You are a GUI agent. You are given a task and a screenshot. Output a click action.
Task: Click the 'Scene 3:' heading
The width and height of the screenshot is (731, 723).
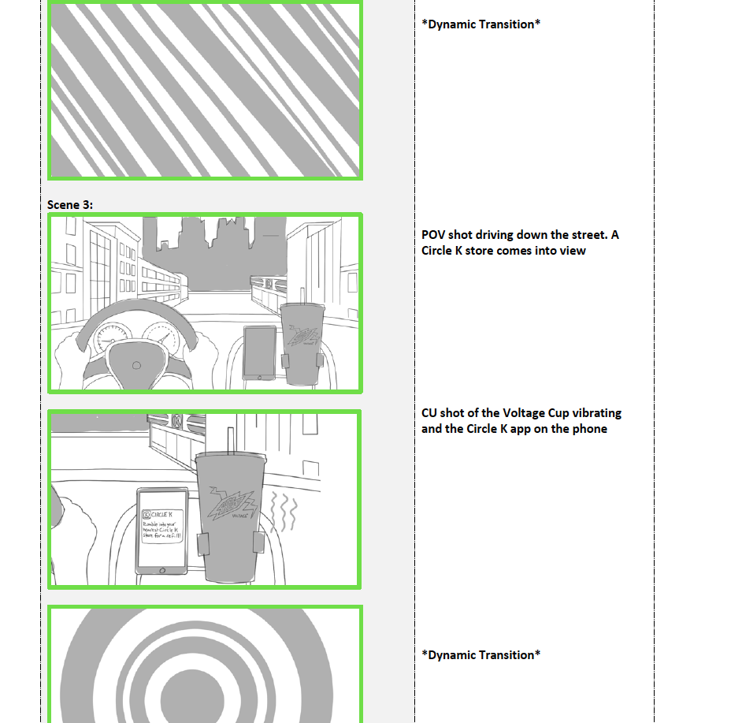(x=69, y=205)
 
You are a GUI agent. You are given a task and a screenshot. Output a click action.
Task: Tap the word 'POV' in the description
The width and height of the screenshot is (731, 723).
(x=433, y=235)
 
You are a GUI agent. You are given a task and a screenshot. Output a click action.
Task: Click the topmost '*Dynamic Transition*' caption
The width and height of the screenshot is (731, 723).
(x=481, y=24)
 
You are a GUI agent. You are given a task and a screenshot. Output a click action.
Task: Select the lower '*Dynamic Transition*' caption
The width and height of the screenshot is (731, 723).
(x=481, y=655)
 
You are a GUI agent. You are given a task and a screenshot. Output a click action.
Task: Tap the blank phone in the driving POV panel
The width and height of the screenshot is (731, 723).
(x=260, y=352)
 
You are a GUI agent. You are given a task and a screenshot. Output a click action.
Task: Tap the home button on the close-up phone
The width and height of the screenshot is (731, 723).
(x=163, y=570)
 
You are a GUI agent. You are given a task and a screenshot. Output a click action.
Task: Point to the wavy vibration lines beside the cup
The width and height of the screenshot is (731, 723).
(x=284, y=512)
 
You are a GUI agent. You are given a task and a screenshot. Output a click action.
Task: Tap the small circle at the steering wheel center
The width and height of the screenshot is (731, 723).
(x=136, y=365)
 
